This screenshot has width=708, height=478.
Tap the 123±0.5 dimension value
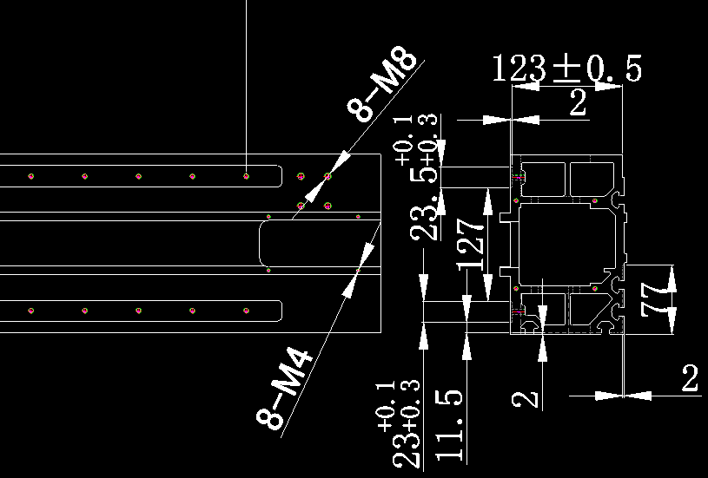click(x=566, y=69)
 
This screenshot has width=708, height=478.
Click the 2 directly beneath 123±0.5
click(x=578, y=104)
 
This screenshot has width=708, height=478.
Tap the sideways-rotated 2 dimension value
click(x=523, y=400)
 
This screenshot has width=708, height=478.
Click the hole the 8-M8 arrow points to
click(x=328, y=176)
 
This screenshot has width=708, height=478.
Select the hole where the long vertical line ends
click(x=247, y=176)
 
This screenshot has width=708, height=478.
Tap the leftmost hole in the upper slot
click(x=30, y=176)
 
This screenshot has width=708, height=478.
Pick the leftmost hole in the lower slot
click(x=30, y=311)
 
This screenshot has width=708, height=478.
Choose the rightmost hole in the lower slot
click(x=247, y=311)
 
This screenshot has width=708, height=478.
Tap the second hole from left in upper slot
click(x=84, y=176)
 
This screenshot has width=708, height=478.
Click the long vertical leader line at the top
click(x=247, y=78)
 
